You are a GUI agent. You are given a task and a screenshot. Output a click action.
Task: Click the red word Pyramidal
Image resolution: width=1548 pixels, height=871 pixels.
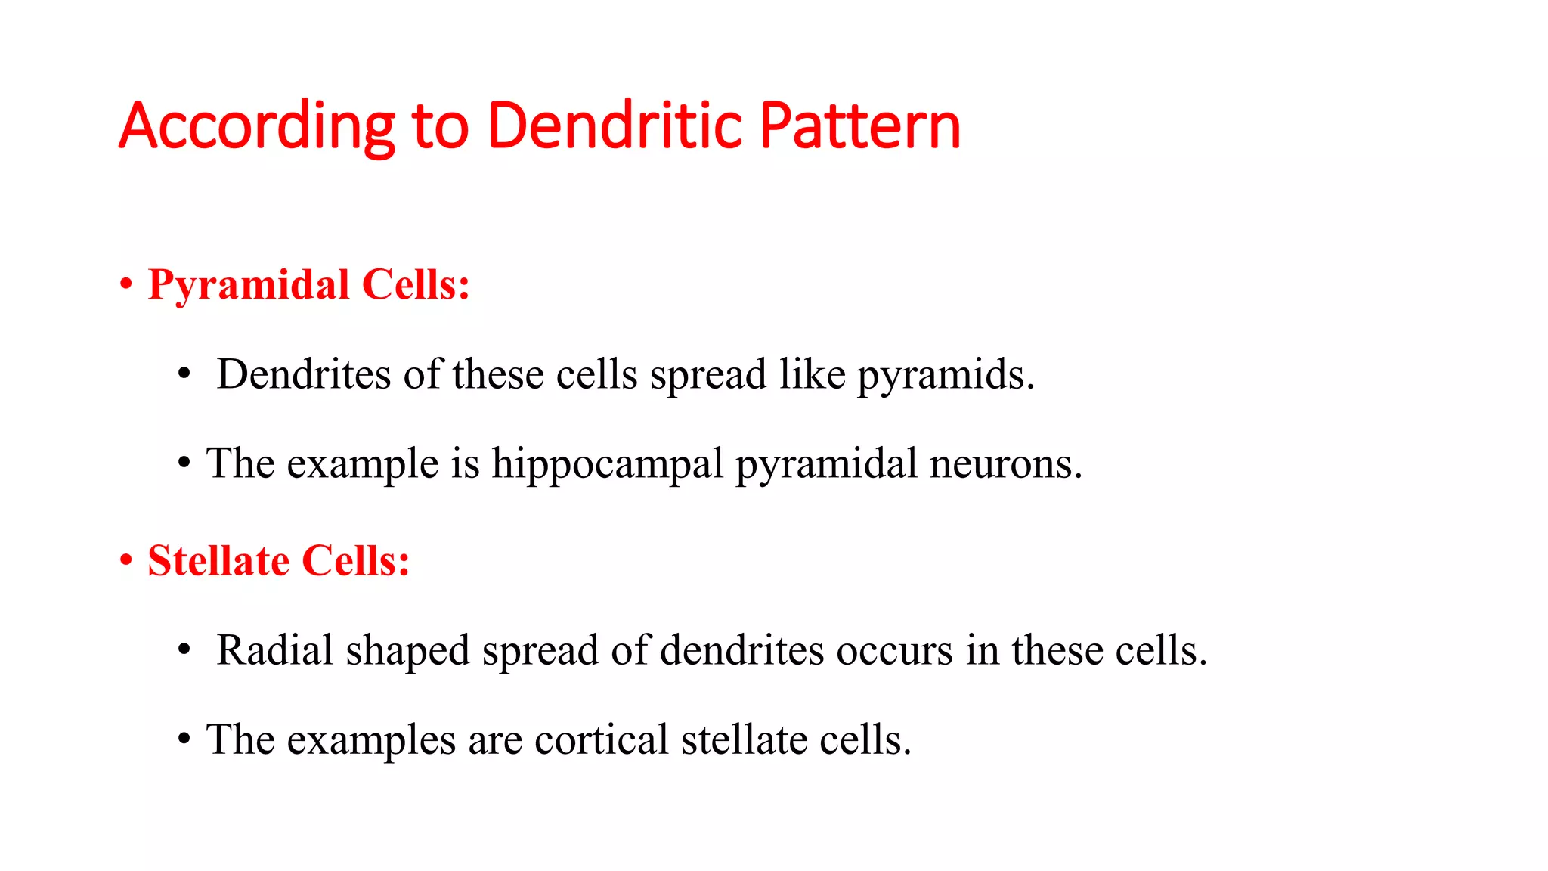pos(249,286)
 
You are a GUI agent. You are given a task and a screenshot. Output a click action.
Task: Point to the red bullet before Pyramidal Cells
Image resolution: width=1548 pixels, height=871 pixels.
pos(126,286)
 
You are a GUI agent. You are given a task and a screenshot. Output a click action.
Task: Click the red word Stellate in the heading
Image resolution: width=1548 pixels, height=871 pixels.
pos(218,562)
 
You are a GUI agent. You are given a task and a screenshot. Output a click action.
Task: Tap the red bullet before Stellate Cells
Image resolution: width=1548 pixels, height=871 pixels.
pos(126,562)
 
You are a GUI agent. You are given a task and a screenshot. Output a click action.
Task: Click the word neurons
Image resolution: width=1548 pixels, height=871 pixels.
pos(1005,464)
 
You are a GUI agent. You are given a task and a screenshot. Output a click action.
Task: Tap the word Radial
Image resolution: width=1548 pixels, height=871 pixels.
pos(274,650)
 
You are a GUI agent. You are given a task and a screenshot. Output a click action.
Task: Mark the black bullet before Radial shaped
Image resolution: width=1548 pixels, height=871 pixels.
pos(184,650)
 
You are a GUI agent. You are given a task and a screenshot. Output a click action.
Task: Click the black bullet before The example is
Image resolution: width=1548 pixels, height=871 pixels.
pos(184,463)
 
